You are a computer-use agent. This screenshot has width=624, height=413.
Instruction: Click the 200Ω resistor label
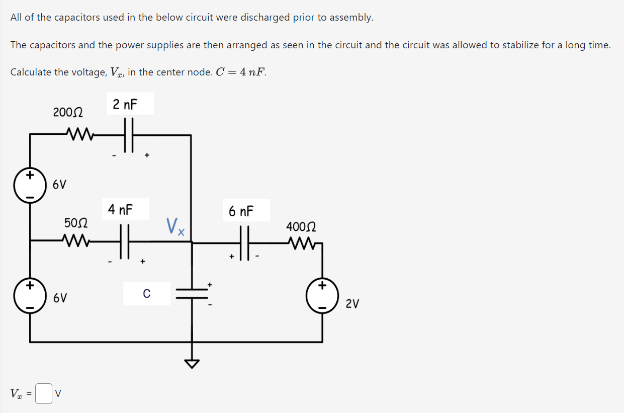(x=68, y=112)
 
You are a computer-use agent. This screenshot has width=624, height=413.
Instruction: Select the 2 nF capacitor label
(x=125, y=105)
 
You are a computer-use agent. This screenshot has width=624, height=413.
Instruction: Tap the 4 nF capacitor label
(x=121, y=209)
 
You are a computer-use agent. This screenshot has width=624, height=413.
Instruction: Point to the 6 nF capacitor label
(x=241, y=211)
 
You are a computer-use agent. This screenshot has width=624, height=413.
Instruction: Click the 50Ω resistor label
(x=76, y=222)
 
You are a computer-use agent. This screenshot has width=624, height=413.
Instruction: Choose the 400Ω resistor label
(x=301, y=227)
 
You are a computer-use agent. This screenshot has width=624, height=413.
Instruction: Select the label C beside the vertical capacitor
(x=146, y=293)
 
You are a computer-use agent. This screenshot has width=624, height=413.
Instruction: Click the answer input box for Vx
(x=44, y=394)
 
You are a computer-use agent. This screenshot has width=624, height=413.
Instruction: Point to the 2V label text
(x=352, y=304)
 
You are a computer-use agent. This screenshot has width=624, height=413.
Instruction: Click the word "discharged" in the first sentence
(x=264, y=18)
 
